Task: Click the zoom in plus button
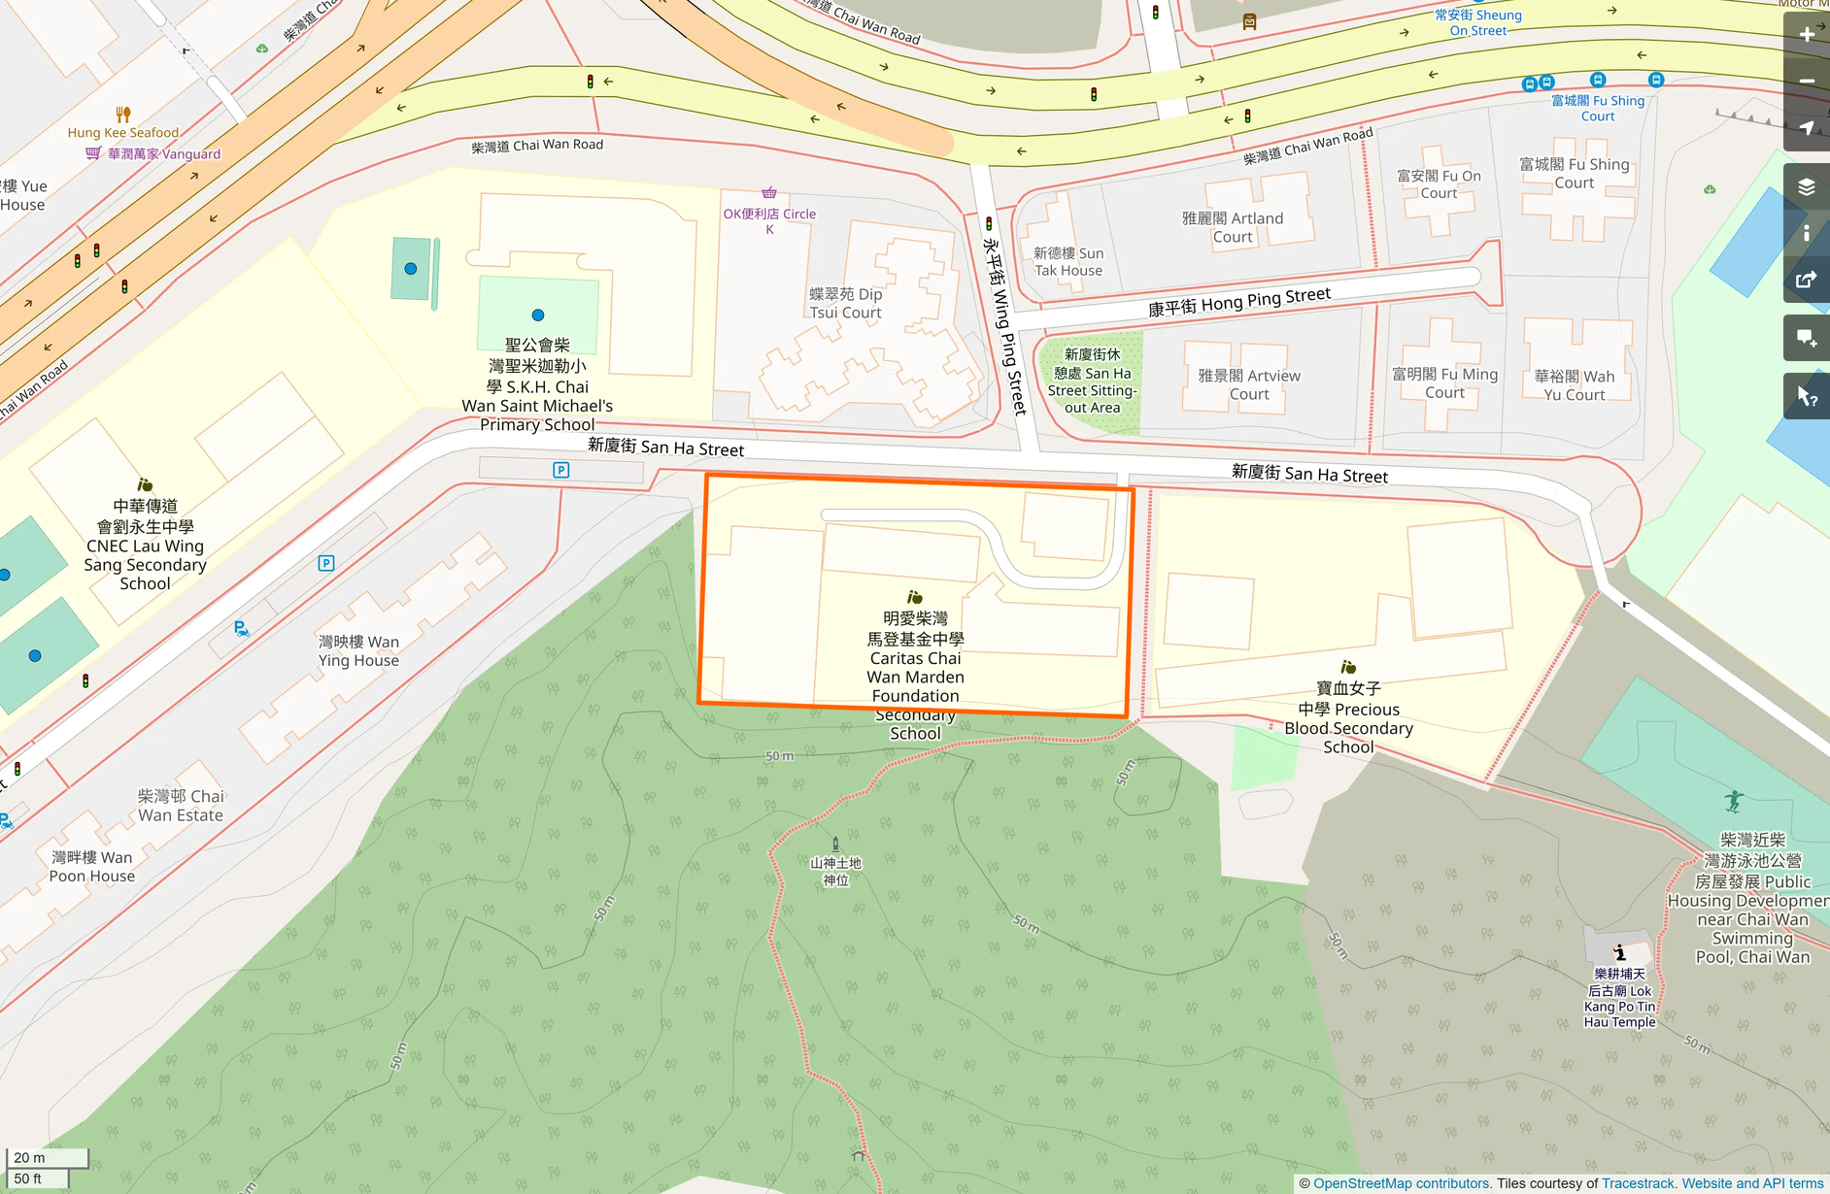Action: [1807, 35]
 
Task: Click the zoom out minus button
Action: [1807, 82]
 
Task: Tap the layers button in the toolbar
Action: [1807, 186]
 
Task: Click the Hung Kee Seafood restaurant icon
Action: [122, 115]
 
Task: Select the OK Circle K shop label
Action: [769, 220]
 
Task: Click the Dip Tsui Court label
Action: [846, 303]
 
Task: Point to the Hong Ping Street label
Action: [1238, 302]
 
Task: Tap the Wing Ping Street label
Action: [1004, 326]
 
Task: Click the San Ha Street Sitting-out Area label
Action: [1092, 381]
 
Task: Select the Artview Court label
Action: [1249, 384]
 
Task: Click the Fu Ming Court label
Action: [1444, 382]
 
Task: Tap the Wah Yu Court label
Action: [1574, 384]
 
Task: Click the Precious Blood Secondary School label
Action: [1348, 717]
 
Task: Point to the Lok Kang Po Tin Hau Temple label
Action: [1619, 998]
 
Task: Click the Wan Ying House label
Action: [358, 650]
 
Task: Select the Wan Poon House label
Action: [92, 866]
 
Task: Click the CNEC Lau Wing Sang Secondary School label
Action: [145, 545]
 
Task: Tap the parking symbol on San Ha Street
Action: [560, 470]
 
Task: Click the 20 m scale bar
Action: [47, 1157]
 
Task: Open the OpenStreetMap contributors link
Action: [1401, 1183]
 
